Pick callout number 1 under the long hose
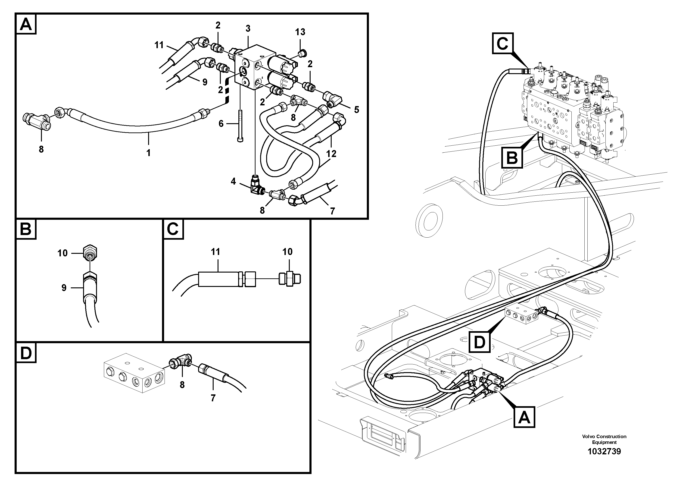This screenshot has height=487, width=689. (x=148, y=153)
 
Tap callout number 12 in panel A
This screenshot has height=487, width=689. (x=331, y=154)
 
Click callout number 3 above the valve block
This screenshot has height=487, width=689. (x=248, y=28)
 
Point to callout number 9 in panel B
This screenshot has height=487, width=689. (x=64, y=288)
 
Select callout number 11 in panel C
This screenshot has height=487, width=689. (x=215, y=252)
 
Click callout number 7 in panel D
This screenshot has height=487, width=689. (x=213, y=398)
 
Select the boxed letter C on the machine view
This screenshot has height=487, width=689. (x=502, y=44)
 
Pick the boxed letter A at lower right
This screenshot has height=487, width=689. (x=524, y=417)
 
